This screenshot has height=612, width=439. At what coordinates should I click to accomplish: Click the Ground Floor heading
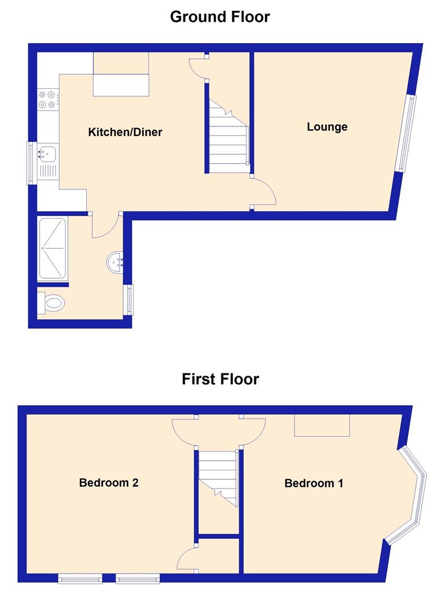tap(220, 17)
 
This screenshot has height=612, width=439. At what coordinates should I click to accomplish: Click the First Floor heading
tap(220, 379)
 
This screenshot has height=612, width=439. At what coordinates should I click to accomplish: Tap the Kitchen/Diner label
tap(125, 133)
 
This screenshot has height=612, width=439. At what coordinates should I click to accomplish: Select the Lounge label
tap(327, 127)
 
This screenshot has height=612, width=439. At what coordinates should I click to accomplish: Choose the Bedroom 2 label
tap(109, 483)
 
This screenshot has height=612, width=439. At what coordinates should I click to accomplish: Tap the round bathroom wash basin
tap(116, 262)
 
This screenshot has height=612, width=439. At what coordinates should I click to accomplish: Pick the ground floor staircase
tap(228, 136)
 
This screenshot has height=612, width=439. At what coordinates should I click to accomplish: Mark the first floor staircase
tap(218, 476)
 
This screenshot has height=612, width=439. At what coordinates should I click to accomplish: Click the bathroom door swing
tap(105, 226)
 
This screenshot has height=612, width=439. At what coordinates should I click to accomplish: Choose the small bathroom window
tap(130, 299)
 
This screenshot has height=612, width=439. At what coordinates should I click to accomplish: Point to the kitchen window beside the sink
tap(31, 163)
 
